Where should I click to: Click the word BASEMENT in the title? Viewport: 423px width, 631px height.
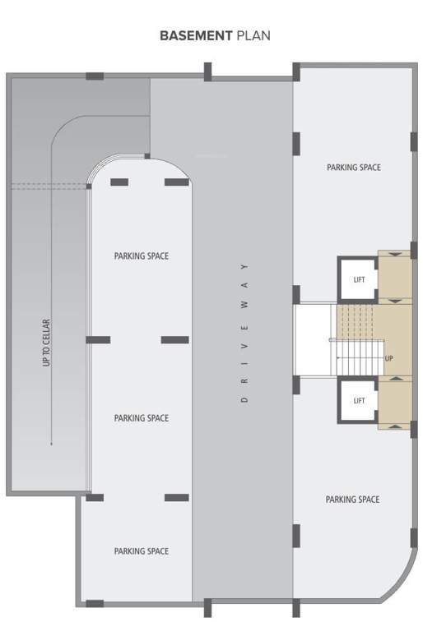196,35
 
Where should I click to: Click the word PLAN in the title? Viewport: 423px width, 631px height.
253,35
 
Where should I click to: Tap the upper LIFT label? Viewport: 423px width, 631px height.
359,280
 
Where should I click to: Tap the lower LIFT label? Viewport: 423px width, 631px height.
359,401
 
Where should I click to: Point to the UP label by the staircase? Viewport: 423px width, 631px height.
389,358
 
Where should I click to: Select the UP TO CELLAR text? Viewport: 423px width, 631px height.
47,342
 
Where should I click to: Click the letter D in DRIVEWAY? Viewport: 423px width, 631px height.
244,400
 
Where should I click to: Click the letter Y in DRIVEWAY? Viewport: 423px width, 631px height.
244,267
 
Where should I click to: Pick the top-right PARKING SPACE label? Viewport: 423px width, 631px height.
354,168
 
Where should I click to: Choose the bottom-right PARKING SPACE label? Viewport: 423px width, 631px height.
352,500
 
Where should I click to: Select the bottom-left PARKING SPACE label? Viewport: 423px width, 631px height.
142,551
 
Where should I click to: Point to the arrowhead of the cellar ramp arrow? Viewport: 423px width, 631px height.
51,444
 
